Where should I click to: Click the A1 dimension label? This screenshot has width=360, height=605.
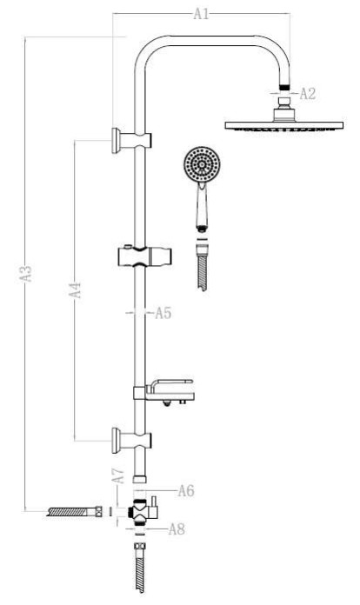(x=201, y=14)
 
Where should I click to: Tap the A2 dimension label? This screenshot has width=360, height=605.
(x=308, y=93)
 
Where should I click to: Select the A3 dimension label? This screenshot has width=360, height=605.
(x=26, y=273)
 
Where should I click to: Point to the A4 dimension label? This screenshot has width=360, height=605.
(x=76, y=289)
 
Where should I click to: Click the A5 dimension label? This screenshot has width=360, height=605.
(x=163, y=313)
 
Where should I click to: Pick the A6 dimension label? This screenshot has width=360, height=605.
(x=186, y=491)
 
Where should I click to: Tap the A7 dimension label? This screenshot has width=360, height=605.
(x=118, y=475)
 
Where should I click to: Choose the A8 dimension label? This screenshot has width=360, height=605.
(x=177, y=529)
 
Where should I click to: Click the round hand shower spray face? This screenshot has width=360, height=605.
(x=202, y=165)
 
